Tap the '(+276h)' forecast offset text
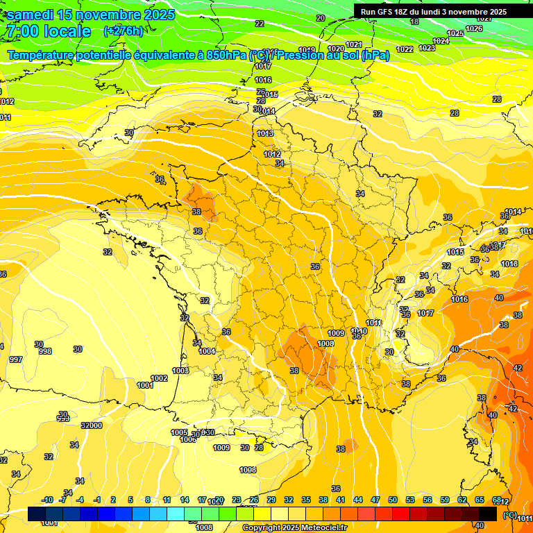tap(123, 31)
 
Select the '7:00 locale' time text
tap(48, 31)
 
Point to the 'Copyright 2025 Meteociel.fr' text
tap(294, 527)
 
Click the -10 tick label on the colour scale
tap(48, 500)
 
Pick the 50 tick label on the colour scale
tap(393, 500)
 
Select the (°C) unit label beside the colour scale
tap(509, 514)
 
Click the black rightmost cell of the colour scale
tap(488, 514)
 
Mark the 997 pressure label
tap(15, 359)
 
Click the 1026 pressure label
tap(474, 28)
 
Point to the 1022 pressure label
tap(405, 49)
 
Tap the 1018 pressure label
tap(509, 264)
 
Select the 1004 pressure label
tap(207, 351)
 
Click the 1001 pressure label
tap(145, 385)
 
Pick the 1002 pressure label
tap(159, 378)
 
